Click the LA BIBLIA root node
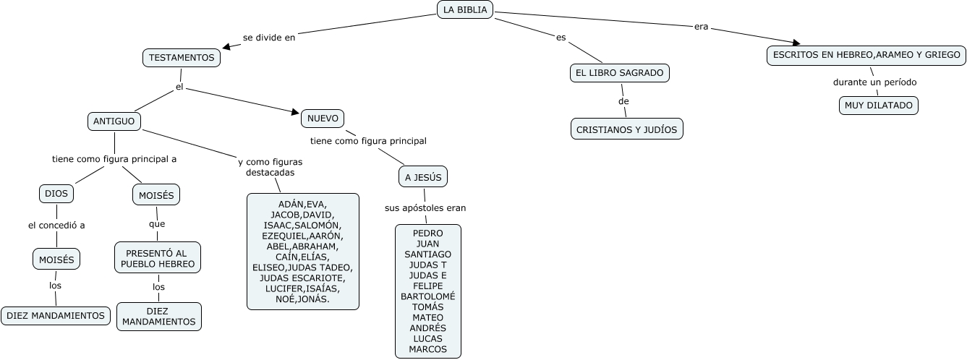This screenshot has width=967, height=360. tap(466, 9)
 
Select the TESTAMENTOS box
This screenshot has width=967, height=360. tap(182, 58)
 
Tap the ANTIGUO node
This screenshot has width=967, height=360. tap(114, 121)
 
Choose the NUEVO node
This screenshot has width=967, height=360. tap(323, 118)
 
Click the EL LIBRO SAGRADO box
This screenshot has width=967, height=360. tap(620, 73)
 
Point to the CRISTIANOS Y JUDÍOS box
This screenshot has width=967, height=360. tap(626, 129)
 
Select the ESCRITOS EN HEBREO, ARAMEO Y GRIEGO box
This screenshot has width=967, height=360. tap(866, 55)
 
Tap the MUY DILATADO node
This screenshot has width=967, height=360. tap(879, 106)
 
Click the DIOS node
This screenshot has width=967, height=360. tap(56, 194)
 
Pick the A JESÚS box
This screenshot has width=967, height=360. tap(423, 177)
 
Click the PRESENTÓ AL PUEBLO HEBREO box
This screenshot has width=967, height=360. tap(158, 258)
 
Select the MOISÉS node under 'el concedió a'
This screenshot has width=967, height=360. tap(56, 258)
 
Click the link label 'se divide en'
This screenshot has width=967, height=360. tap(269, 38)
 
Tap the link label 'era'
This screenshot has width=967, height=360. tap(701, 27)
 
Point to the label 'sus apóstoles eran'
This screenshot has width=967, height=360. tap(425, 208)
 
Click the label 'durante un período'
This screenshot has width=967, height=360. tap(874, 82)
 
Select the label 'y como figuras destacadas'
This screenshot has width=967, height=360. tap(270, 167)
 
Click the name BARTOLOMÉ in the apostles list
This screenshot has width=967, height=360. tap(427, 296)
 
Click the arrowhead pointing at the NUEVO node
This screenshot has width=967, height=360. tap(295, 112)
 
